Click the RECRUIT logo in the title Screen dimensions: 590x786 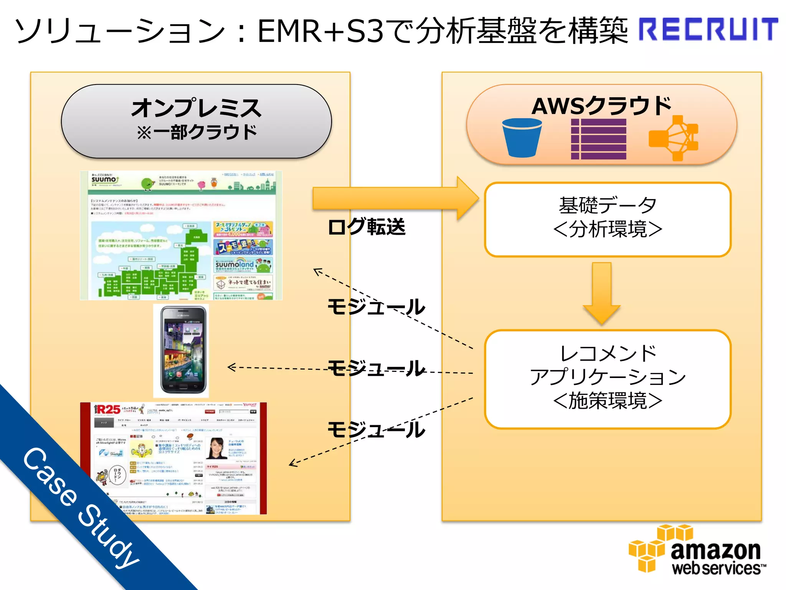coord(708,30)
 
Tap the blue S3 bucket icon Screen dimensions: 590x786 coord(522,138)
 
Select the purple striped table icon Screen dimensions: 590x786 coord(598,139)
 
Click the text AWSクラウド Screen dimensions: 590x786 coord(601,106)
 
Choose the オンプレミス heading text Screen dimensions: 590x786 coord(196,108)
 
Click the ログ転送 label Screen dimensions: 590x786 coord(367,227)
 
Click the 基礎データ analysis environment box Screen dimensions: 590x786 coord(608,219)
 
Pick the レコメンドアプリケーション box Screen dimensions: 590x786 coord(608,379)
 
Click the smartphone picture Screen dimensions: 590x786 coord(181,351)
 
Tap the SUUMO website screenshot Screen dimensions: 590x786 coord(181,235)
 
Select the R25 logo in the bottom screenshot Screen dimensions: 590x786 coord(108,410)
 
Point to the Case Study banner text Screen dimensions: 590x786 coord(81,507)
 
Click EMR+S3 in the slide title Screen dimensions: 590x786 coord(320,31)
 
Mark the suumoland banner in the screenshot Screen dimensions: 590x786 coord(243,264)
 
